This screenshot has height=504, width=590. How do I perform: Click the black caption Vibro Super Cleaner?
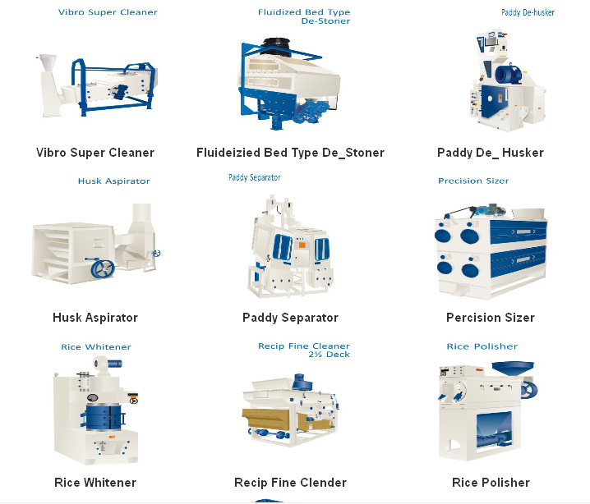click(x=95, y=153)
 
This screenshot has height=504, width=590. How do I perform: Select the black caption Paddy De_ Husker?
click(x=491, y=153)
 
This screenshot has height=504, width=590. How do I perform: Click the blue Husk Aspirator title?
click(x=113, y=181)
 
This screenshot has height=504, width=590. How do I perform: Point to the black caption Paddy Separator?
click(x=290, y=318)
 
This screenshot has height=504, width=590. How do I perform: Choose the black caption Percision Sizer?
click(x=491, y=318)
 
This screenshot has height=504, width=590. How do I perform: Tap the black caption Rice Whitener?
click(x=95, y=483)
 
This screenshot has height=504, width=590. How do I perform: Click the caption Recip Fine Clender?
click(x=290, y=483)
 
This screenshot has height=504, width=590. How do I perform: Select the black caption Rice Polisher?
click(x=491, y=483)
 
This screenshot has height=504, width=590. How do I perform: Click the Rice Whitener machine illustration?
click(x=94, y=410)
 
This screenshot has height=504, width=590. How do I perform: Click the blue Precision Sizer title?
click(x=473, y=181)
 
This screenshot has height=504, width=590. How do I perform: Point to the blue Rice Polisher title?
click(x=482, y=346)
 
